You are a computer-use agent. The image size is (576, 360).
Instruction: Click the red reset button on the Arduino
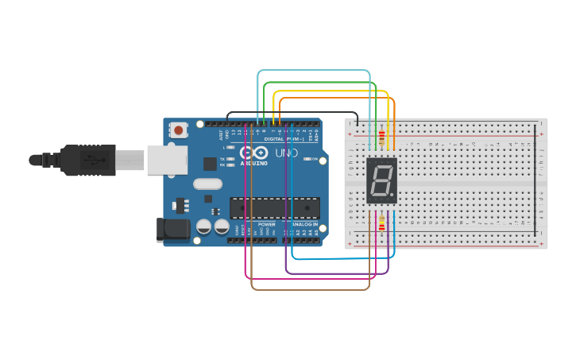click(x=179, y=130)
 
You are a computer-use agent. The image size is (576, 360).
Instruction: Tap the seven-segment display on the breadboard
click(x=381, y=180)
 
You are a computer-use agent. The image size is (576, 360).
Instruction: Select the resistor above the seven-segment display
click(x=382, y=139)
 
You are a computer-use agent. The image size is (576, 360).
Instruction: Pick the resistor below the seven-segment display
click(x=382, y=224)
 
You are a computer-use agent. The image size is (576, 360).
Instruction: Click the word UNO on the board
click(x=285, y=153)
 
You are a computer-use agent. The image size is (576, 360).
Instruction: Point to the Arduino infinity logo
click(x=253, y=153)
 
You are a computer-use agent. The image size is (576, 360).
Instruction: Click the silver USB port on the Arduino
click(x=164, y=160)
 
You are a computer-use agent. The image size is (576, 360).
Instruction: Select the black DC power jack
click(x=172, y=229)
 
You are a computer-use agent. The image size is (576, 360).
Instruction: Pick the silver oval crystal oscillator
click(x=207, y=184)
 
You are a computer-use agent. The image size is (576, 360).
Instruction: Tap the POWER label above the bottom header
click(x=266, y=224)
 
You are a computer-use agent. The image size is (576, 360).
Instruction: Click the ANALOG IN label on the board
click(x=304, y=224)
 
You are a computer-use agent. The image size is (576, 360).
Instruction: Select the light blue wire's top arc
click(x=314, y=71)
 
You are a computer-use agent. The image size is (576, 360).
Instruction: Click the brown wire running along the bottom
click(x=310, y=288)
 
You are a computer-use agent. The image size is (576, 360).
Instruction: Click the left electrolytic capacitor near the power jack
click(x=203, y=227)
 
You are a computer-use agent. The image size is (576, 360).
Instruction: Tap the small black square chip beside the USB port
click(x=209, y=164)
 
